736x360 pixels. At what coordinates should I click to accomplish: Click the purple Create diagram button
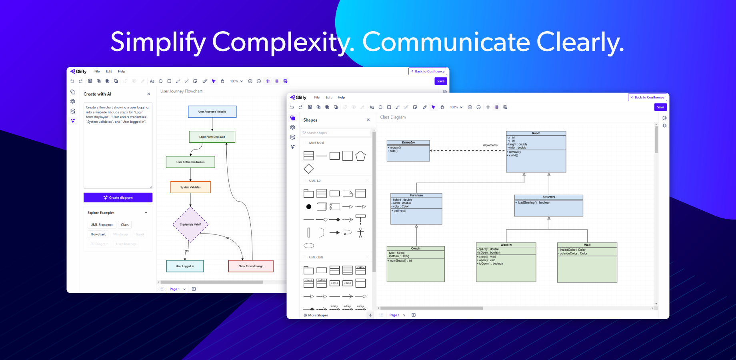click(x=118, y=198)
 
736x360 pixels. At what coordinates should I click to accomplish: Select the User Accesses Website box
click(x=212, y=112)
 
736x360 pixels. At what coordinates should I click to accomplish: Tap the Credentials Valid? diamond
click(x=190, y=224)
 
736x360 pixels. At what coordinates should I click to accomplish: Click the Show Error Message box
click(x=251, y=266)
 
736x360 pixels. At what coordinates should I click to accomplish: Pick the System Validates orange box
click(x=190, y=187)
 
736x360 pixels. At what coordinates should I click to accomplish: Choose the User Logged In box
click(x=185, y=266)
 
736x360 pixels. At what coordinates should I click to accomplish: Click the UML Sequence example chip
click(x=102, y=225)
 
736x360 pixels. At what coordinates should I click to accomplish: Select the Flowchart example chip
click(x=98, y=234)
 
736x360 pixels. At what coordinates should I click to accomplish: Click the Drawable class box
click(x=408, y=151)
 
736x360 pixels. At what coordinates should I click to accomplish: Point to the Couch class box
click(x=416, y=264)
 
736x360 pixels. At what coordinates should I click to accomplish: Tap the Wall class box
click(x=587, y=262)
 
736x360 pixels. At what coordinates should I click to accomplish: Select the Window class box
click(x=506, y=262)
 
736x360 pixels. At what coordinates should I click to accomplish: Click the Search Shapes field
click(x=336, y=133)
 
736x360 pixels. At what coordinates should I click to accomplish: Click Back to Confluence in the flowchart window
click(x=428, y=72)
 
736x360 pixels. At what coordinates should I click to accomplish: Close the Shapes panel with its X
click(x=368, y=120)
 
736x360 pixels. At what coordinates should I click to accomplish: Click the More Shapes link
click(x=318, y=315)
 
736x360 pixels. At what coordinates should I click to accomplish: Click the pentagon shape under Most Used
click(x=360, y=156)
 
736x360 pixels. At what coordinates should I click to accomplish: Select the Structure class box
click(x=548, y=206)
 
